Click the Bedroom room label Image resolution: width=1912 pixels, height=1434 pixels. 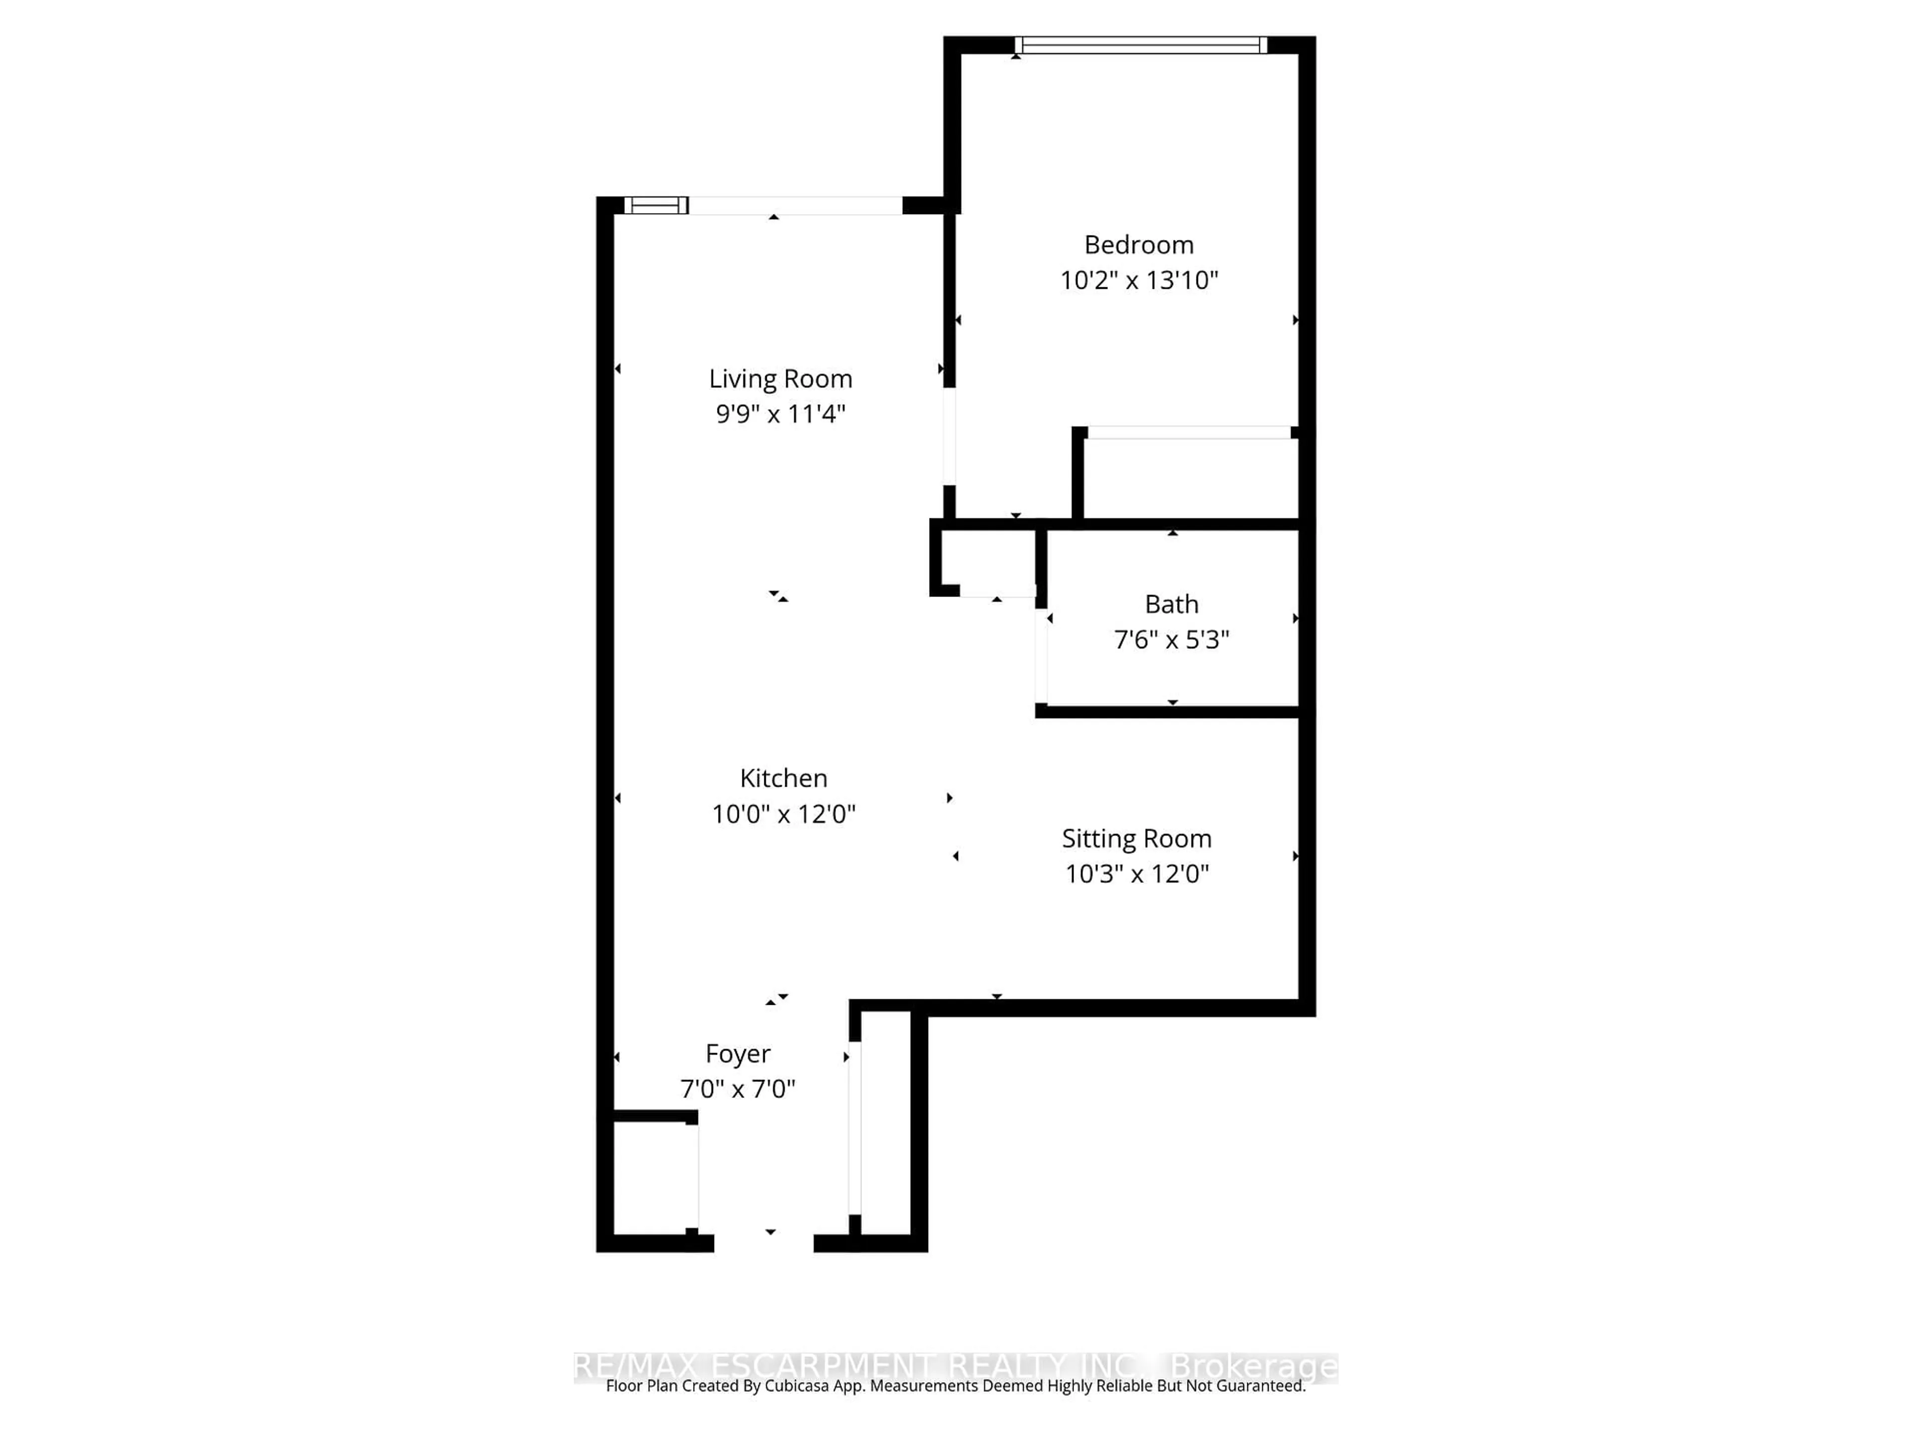coord(1138,244)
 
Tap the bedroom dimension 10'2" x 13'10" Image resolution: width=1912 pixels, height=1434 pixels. coord(1138,280)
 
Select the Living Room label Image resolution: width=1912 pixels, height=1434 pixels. coord(781,378)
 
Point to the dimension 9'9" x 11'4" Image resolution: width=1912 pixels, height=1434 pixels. coord(781,414)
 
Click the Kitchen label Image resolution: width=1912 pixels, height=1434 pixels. coord(783,778)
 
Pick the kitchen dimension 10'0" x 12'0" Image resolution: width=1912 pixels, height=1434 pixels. coord(783,814)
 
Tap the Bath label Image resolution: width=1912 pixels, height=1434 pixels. coord(1171,604)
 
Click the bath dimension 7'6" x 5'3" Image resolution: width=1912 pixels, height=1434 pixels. coord(1171,640)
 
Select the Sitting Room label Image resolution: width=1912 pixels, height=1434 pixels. coord(1137,838)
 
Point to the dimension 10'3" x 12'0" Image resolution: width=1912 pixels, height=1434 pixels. coord(1137,874)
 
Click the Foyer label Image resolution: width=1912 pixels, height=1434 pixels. coord(737,1054)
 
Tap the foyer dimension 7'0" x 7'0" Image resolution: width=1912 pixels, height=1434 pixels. coord(737,1089)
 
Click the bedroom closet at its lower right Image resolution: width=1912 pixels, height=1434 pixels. coord(1190,478)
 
